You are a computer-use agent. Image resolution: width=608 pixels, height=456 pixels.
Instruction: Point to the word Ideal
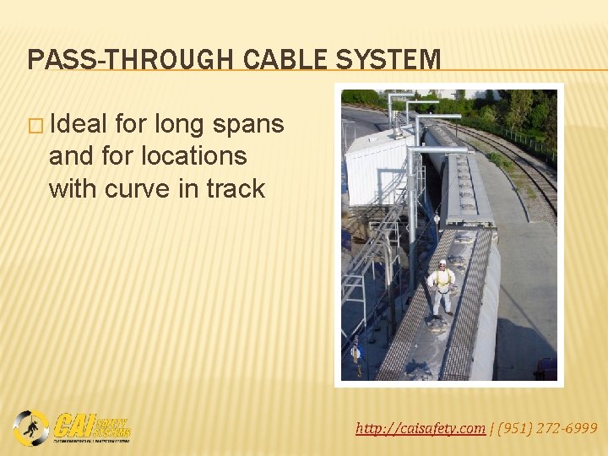(x=79, y=124)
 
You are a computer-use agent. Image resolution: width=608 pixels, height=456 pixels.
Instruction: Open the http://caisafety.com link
(x=421, y=429)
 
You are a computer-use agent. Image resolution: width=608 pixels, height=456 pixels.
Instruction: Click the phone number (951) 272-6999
(x=546, y=429)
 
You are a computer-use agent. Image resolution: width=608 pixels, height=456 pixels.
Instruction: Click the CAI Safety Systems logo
(x=73, y=426)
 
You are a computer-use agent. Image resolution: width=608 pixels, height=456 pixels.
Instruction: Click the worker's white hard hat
(x=442, y=263)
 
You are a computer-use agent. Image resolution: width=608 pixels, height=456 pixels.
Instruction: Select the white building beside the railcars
(x=377, y=168)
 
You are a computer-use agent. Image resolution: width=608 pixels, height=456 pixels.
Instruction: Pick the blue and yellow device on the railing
(x=356, y=350)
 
